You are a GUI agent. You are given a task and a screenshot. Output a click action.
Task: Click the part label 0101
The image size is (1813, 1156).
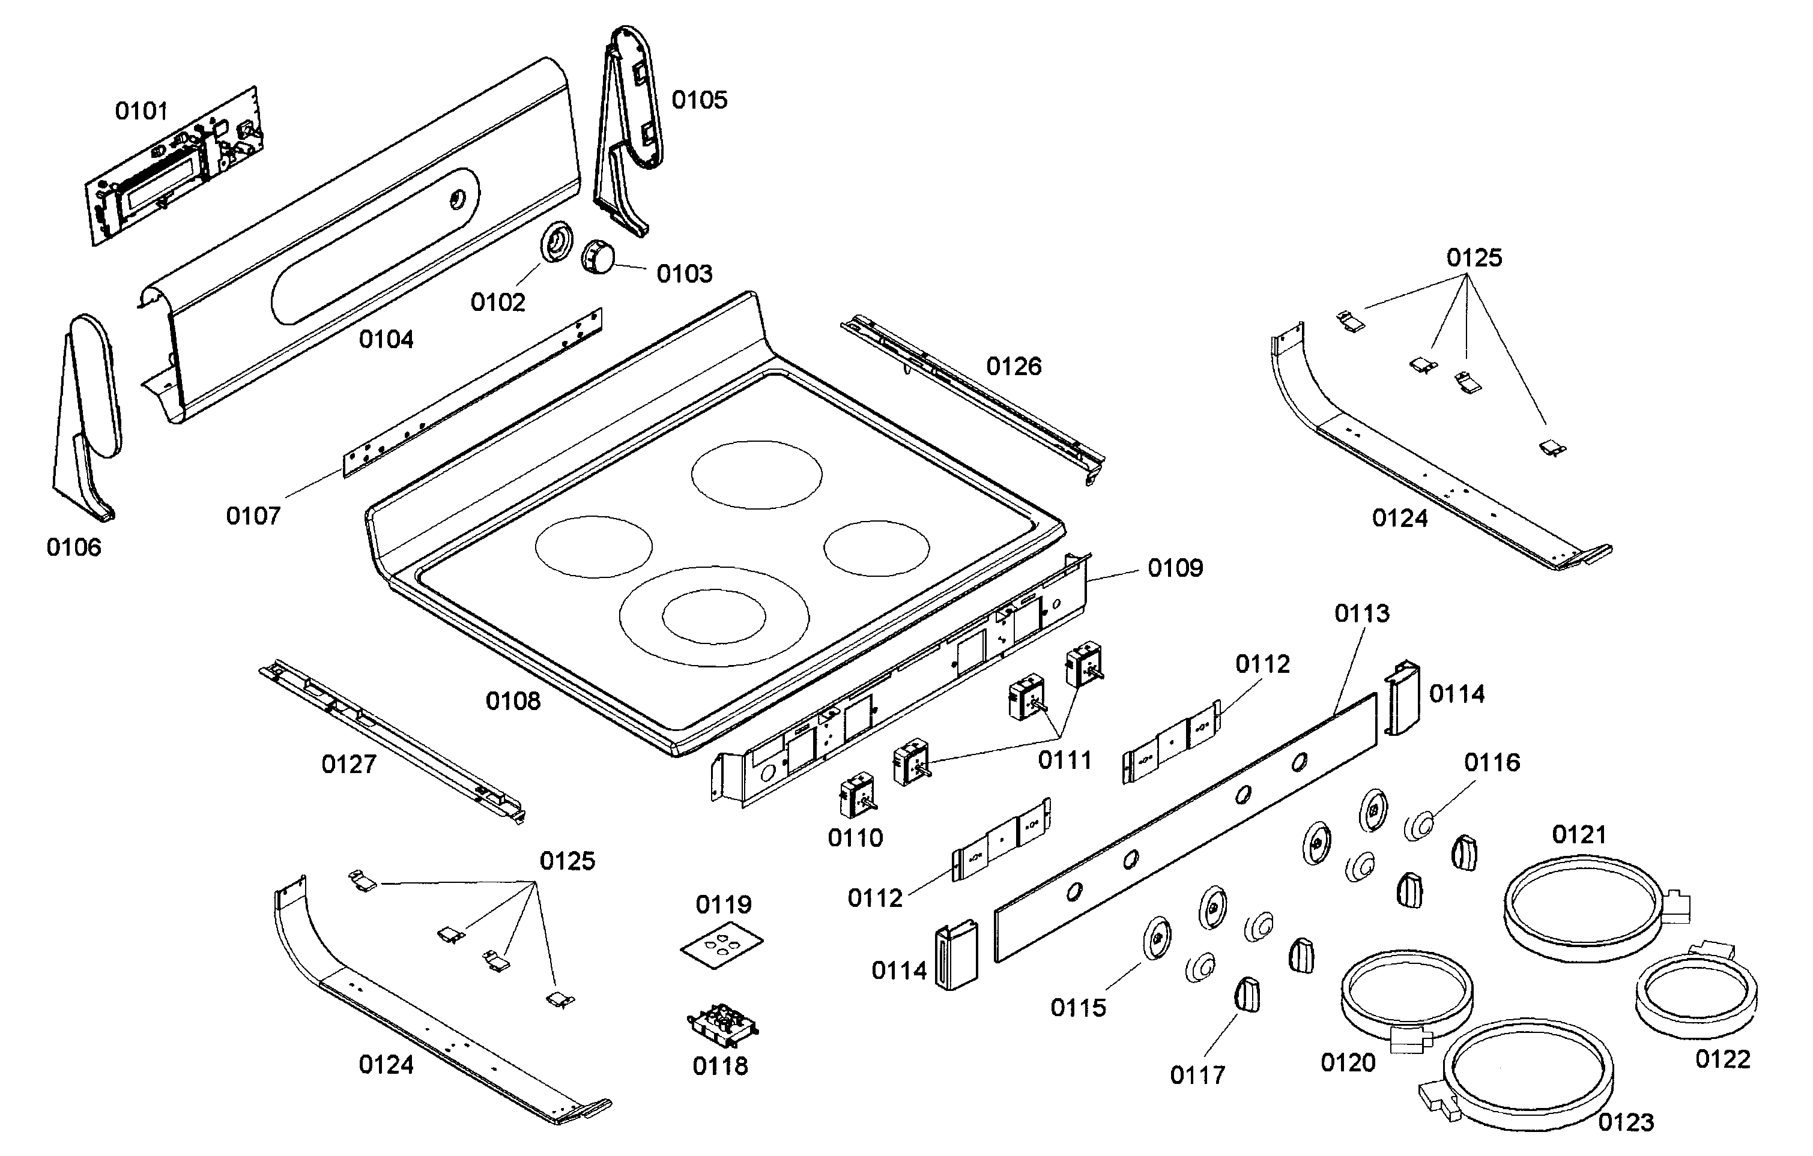point(141,112)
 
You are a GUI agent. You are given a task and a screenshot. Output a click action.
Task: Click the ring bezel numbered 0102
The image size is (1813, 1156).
point(557,242)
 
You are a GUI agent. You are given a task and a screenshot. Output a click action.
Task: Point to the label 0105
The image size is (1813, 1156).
point(698,100)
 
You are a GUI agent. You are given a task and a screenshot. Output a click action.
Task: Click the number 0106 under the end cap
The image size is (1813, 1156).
point(73,547)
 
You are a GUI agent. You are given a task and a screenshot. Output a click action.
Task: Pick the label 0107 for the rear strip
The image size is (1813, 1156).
point(253,516)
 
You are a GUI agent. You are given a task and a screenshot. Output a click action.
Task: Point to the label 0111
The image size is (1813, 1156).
point(1065,760)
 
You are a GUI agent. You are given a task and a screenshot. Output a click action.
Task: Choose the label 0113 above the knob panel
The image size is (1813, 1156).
point(1361,613)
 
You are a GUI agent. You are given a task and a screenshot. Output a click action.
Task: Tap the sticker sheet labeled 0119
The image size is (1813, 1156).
point(721,945)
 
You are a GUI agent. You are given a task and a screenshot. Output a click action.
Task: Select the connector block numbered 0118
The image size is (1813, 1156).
point(721,1025)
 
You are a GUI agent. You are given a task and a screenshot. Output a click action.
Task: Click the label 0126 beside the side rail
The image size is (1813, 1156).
point(1014,367)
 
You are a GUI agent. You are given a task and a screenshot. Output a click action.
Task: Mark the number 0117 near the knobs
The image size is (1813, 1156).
point(1197,1076)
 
